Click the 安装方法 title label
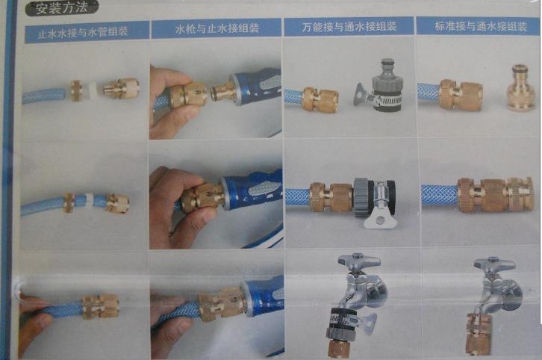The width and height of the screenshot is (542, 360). click(61, 7)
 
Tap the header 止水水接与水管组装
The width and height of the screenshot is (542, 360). click(84, 33)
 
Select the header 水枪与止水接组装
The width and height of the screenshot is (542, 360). click(217, 28)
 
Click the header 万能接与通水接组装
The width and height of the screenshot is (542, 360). click(349, 27)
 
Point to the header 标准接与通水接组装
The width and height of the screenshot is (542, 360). click(481, 26)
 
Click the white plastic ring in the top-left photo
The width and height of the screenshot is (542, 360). click(93, 90)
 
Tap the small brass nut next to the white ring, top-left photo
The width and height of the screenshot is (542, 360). click(76, 90)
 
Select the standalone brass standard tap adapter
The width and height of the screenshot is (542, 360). click(520, 88)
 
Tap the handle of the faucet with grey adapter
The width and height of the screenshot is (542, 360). click(359, 260)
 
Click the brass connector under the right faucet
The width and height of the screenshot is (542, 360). click(479, 334)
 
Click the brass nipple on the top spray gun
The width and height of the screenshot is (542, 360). click(221, 93)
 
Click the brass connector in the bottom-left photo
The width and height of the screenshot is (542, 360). click(101, 306)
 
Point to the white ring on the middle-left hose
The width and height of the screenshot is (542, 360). click(89, 200)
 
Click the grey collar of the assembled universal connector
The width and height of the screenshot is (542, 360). click(362, 197)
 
